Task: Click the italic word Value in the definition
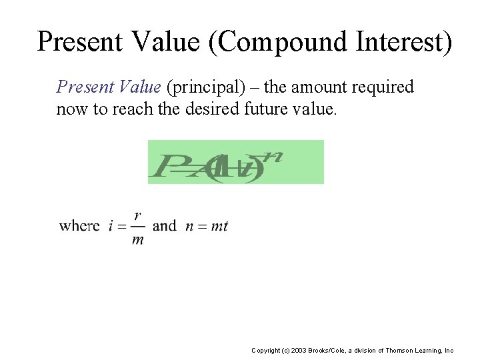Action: [141, 87]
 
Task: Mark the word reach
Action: [123, 109]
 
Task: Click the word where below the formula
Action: [79, 225]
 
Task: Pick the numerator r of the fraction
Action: [137, 215]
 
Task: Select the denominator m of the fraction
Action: [137, 239]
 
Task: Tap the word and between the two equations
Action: [165, 225]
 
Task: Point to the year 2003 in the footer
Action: [298, 350]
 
